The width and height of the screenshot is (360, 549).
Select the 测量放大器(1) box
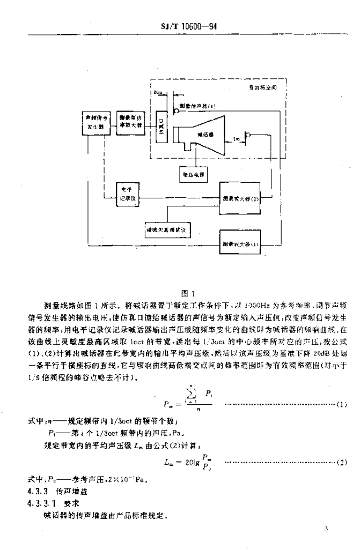[x=241, y=243]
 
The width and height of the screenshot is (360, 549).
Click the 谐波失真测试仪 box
[x=165, y=229]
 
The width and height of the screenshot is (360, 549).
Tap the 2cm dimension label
[x=157, y=93]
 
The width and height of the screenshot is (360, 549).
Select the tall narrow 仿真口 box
[x=160, y=128]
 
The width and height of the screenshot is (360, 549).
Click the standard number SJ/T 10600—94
[x=192, y=27]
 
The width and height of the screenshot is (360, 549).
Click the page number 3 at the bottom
[x=326, y=529]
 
